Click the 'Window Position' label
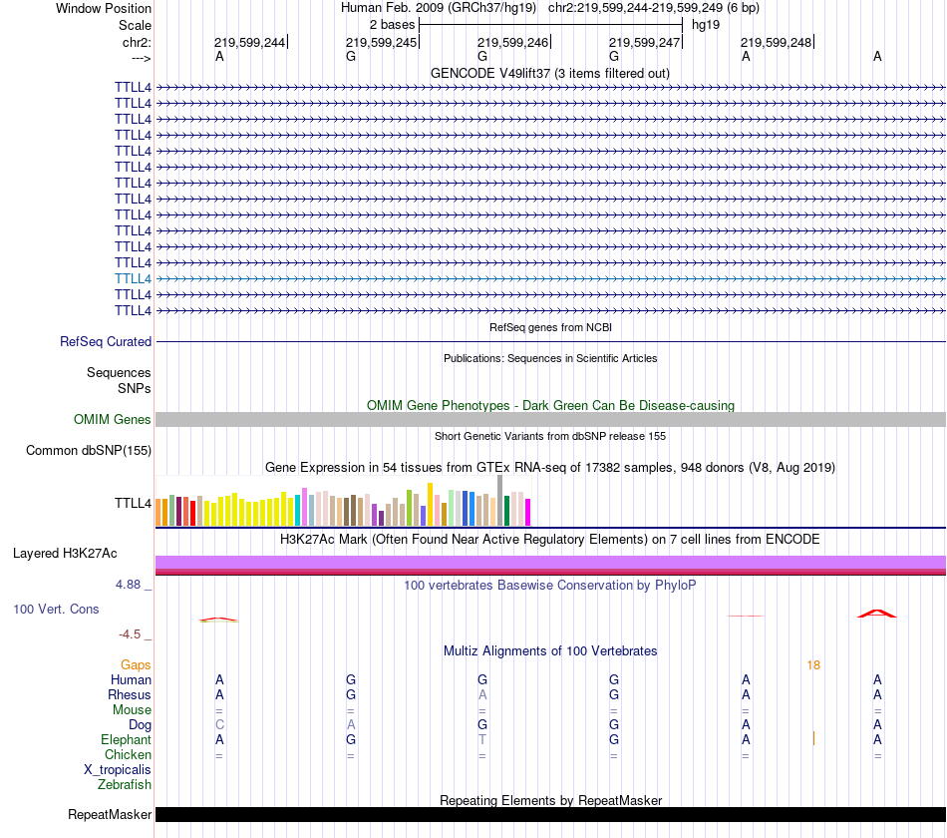[104, 8]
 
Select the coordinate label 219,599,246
[512, 42]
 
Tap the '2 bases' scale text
[392, 24]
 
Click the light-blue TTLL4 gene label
[133, 278]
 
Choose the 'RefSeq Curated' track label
[106, 341]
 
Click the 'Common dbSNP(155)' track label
[89, 450]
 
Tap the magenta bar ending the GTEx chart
[527, 512]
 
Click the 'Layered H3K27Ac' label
[65, 553]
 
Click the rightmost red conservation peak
[876, 613]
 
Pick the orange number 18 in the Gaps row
[813, 664]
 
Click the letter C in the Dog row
[219, 724]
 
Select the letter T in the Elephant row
[482, 739]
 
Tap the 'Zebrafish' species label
[123, 785]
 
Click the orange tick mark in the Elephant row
[813, 738]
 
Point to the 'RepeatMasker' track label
[110, 814]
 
